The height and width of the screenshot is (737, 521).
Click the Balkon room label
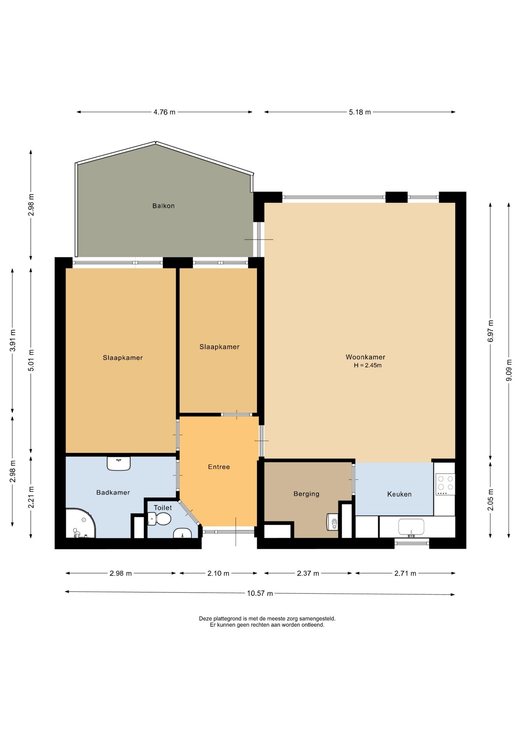[163, 206]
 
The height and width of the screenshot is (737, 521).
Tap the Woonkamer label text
[365, 357]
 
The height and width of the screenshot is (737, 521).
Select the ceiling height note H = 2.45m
[368, 365]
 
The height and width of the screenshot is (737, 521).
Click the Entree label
[219, 467]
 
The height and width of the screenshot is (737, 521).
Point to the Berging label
[306, 494]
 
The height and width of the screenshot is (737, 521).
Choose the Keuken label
[399, 494]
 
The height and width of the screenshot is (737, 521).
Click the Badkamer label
[113, 492]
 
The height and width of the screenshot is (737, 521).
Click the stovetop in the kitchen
[445, 484]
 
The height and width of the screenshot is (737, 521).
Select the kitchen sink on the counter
[411, 527]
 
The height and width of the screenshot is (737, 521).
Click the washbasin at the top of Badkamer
[119, 463]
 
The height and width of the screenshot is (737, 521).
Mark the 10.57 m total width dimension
[260, 593]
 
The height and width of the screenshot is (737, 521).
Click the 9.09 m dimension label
[509, 370]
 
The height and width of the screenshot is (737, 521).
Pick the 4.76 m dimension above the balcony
[164, 112]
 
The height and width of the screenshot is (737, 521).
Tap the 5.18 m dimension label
[360, 112]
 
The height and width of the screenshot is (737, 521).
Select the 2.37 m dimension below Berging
[308, 573]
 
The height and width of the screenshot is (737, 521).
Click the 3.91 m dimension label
[13, 340]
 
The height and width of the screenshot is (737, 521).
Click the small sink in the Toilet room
[183, 533]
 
